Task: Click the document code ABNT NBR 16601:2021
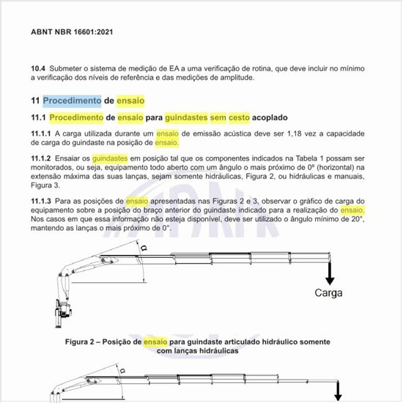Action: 72,32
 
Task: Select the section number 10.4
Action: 38,67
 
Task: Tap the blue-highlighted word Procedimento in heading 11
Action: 72,100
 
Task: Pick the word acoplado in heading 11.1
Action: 270,117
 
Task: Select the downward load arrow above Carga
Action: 330,273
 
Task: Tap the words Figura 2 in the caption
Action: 83,341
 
